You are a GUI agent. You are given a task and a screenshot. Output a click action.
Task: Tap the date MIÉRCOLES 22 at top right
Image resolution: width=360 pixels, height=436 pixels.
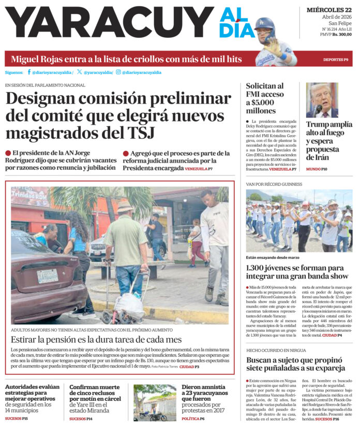coord(329,10)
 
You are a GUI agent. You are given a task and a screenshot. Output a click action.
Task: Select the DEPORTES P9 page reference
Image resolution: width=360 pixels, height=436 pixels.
coord(335,60)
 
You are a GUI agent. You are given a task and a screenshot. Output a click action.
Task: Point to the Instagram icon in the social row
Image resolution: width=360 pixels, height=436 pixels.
coord(118,72)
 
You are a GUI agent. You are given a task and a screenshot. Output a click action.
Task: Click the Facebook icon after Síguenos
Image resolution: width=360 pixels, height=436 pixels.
coord(29,72)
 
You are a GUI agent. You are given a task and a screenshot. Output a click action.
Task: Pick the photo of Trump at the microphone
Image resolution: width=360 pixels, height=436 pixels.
coord(322,100)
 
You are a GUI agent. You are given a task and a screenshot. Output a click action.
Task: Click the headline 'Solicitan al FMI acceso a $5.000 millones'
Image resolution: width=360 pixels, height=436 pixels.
coord(265,98)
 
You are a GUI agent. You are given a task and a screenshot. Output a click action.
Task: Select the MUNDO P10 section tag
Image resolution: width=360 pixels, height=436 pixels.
coord(317,169)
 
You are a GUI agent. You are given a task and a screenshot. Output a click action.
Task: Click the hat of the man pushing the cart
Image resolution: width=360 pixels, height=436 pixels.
coord(125,207)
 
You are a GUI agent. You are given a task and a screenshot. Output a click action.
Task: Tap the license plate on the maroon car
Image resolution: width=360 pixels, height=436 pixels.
coord(47,275)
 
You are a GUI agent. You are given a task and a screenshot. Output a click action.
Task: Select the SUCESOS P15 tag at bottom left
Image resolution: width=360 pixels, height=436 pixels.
coord(17,418)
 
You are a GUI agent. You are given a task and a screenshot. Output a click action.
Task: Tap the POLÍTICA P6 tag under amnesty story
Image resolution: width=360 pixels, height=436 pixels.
coord(193,418)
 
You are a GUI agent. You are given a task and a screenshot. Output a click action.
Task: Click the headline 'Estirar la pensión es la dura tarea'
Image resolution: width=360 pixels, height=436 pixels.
coord(97,340)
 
